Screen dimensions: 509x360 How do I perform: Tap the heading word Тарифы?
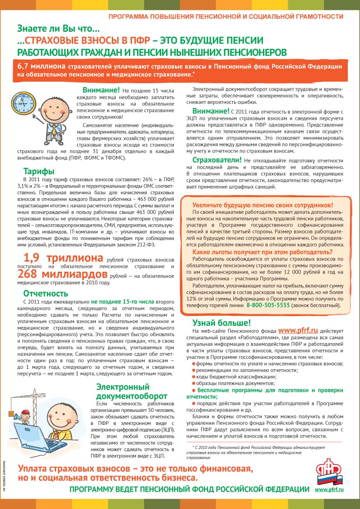pyautogui.click(x=39, y=171)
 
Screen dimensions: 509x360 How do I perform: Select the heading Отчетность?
pyautogui.click(x=46, y=293)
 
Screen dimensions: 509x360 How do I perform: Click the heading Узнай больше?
pyautogui.click(x=222, y=323)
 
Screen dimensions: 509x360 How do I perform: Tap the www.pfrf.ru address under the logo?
pyautogui.click(x=329, y=490)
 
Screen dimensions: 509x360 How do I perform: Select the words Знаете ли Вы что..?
pyautogui.click(x=58, y=29)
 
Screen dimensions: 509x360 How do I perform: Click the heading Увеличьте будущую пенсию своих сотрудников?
pyautogui.click(x=262, y=205)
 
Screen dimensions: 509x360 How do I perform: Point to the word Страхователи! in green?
pyautogui.click(x=217, y=159)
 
